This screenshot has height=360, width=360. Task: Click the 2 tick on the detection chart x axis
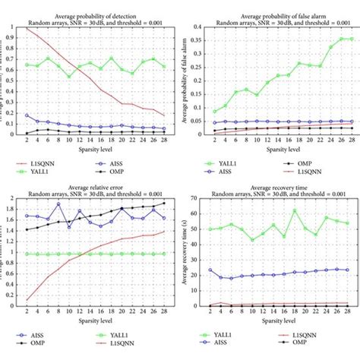point(27,141)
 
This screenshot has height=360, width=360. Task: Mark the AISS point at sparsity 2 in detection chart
point(27,115)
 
